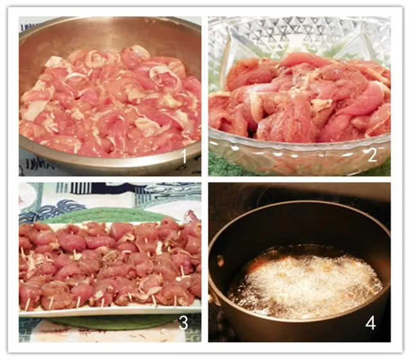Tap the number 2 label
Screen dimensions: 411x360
[x=372, y=155]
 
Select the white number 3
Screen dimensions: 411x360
[x=183, y=323]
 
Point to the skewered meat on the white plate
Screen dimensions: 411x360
[x=110, y=262]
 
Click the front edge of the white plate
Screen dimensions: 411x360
[x=110, y=310]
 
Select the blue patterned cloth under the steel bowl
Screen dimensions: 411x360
[x=34, y=164]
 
